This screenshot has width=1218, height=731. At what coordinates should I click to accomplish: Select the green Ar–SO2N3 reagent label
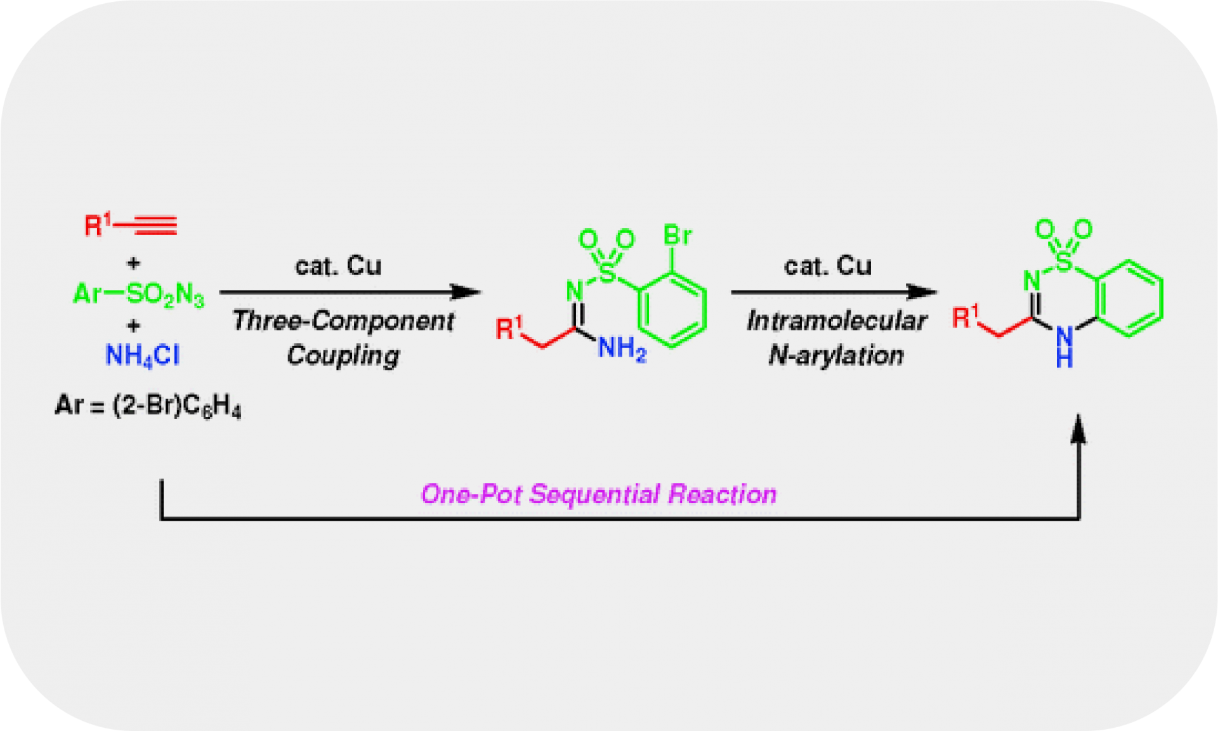coord(139,294)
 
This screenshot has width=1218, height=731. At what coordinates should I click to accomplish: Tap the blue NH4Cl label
coord(142,355)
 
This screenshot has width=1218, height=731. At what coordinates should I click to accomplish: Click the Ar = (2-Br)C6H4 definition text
coord(148,405)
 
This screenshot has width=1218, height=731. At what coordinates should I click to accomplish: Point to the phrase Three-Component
coord(343,320)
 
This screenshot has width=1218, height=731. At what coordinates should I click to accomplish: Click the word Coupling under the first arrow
coord(343,355)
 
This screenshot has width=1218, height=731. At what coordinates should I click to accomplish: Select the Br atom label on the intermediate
coord(677,235)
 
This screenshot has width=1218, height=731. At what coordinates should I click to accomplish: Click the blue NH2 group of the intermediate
coord(622,348)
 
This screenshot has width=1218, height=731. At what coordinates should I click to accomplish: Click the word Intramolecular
coord(836,320)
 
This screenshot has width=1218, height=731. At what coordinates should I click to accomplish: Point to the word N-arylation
coord(836,355)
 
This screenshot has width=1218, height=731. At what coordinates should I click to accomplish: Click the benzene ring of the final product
coord(1130,298)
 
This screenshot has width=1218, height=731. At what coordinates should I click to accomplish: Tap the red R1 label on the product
coord(965,317)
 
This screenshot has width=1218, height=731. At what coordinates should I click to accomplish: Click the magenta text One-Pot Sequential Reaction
coord(598,494)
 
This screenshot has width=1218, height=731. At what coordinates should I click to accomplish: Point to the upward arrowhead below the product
coord(1078,430)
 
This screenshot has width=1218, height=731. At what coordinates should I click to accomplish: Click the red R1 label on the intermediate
coord(508,328)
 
